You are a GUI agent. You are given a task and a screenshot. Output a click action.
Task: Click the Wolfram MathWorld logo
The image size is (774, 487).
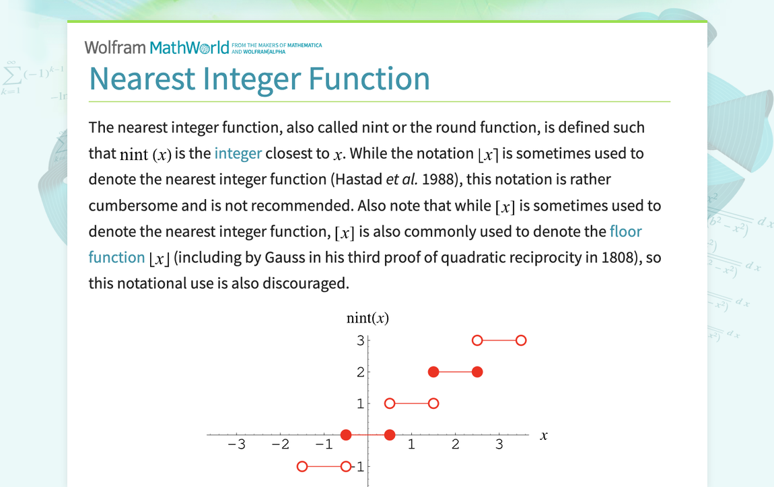(203, 47)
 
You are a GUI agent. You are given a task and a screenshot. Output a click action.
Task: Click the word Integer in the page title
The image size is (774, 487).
(252, 79)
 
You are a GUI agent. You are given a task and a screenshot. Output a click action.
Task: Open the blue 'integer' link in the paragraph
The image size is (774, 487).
(238, 153)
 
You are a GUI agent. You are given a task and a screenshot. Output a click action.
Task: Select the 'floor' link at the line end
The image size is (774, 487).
(626, 231)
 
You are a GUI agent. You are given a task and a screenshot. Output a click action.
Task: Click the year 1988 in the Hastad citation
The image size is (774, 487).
(438, 179)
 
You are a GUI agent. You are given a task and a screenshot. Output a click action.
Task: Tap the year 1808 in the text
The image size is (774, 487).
(617, 257)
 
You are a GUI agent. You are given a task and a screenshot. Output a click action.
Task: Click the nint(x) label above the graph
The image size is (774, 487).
(367, 318)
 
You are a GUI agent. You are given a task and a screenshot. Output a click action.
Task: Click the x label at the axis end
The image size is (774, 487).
(543, 435)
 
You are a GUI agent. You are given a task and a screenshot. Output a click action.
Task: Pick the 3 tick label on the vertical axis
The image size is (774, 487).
(361, 340)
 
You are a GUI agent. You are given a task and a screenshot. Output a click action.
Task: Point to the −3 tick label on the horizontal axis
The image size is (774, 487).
(236, 444)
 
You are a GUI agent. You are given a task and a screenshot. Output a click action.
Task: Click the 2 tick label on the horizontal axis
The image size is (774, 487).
(455, 444)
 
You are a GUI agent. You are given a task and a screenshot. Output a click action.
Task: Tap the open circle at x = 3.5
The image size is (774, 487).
(521, 340)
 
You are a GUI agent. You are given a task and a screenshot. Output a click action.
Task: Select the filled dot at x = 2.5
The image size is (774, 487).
(477, 371)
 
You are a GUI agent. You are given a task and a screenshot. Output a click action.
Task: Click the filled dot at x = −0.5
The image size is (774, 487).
(346, 435)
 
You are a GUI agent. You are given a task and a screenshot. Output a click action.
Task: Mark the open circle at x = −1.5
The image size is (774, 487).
(302, 466)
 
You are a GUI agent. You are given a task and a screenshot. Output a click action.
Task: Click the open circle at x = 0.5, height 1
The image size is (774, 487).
(390, 404)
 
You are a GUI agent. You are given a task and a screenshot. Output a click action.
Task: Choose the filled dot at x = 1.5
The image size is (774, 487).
(433, 371)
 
